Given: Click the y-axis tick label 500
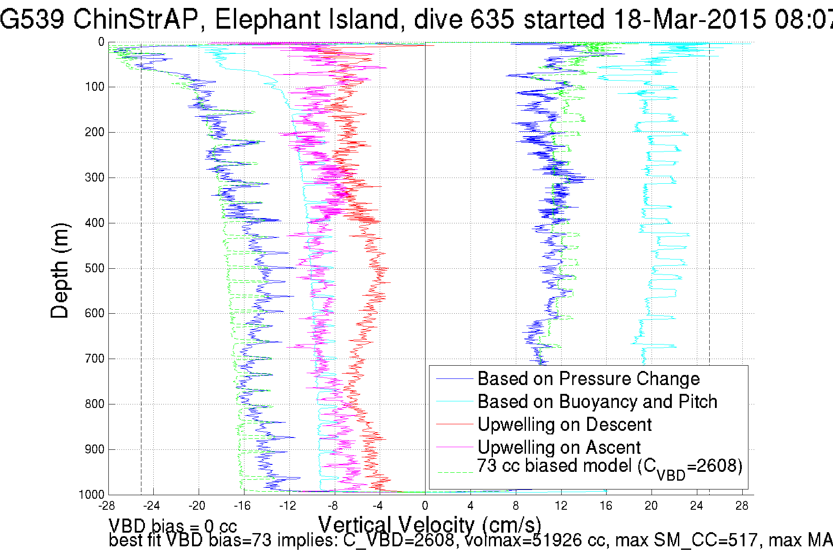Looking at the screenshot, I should click(94, 268).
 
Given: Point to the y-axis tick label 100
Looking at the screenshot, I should click(94, 87).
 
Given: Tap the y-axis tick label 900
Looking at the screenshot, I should click(94, 449).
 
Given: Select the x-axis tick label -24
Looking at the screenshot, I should click(151, 506).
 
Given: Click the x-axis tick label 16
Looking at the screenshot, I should click(606, 506).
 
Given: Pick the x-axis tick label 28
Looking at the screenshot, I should click(742, 506).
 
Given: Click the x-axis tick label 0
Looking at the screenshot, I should click(425, 506).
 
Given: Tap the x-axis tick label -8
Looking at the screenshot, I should click(333, 506).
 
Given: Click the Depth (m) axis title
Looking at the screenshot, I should click(60, 271).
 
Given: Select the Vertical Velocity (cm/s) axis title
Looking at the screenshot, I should click(429, 525).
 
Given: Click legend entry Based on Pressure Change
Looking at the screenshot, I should click(589, 379).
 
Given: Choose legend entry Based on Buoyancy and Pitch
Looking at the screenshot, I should click(597, 402).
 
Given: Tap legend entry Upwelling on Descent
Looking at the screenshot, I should click(564, 425).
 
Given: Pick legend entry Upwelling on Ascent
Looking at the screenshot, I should click(559, 448).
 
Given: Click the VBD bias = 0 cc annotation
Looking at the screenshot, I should click(173, 526).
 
